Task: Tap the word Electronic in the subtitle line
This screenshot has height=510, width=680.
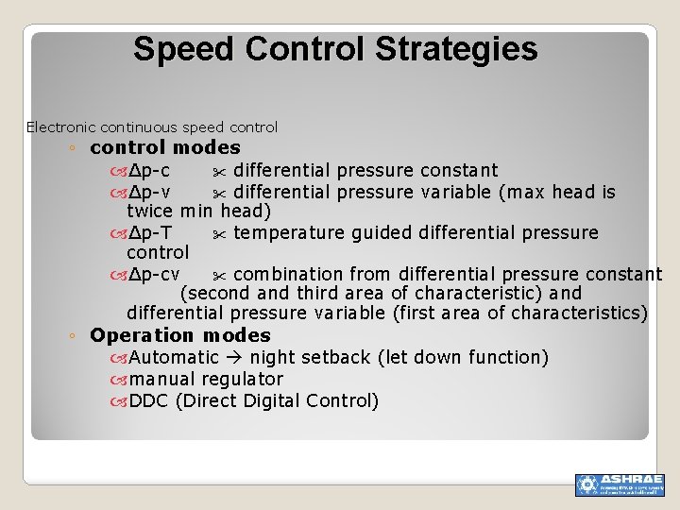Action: coord(60,127)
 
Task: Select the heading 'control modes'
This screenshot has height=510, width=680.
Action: coord(165,147)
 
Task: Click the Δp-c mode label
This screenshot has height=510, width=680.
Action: coord(149,171)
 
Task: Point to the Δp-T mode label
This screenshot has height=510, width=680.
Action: coord(150,233)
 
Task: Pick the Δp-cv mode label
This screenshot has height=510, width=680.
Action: coord(154,275)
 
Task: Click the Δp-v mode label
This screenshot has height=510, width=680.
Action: coord(149,193)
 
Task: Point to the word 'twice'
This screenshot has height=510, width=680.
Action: coord(150,212)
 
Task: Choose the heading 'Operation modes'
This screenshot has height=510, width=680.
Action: coord(179,336)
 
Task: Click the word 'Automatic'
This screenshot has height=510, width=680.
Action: coord(174,358)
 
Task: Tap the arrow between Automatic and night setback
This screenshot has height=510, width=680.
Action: coord(234,358)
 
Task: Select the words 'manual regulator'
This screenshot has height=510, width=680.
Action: coord(206,380)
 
